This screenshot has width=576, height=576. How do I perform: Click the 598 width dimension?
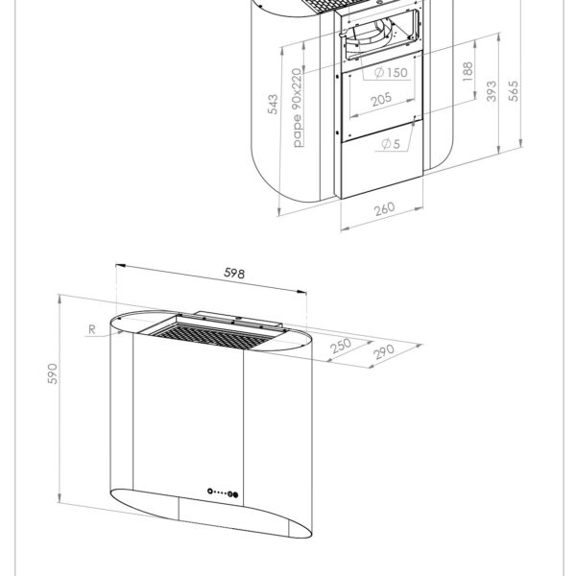234,274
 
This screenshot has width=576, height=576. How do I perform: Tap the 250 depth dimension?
340,348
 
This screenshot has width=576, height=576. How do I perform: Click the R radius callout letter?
89,330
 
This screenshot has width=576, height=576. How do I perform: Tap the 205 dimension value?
382,99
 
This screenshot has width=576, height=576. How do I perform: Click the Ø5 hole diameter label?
390,144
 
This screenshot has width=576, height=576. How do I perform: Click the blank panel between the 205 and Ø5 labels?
382,121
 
